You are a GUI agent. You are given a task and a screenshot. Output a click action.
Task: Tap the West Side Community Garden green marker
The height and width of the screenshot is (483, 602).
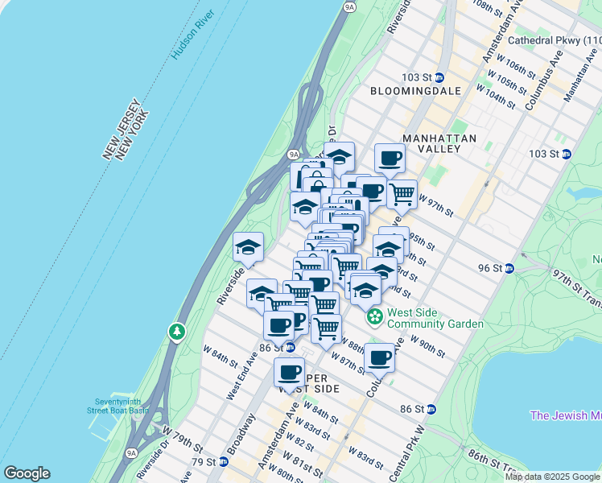coord(375,318)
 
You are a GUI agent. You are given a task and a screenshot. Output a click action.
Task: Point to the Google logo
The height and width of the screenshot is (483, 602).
coord(27,473)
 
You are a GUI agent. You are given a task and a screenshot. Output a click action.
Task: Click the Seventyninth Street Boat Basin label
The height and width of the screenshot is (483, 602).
coord(122,405)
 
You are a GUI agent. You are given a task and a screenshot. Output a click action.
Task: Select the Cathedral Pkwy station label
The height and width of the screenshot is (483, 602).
coord(555,39)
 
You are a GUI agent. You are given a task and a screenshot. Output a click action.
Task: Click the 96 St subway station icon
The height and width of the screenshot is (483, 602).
coord(509,268)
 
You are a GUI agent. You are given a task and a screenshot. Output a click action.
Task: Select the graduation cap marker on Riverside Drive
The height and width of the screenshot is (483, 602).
coord(248,248)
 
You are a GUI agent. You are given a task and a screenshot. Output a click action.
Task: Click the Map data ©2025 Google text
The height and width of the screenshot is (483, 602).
coord(552,477)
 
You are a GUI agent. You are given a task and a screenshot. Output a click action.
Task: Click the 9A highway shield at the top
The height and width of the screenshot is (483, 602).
coord(348,7)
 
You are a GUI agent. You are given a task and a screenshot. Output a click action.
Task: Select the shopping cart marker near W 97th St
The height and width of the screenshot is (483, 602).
coord(402,193)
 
